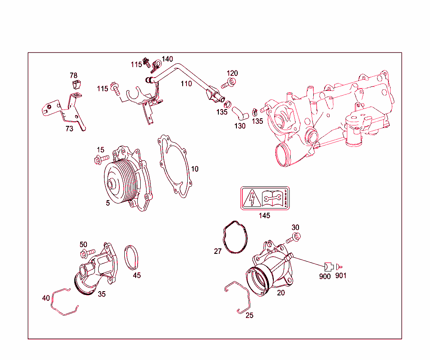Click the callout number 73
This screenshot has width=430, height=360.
click(69, 129)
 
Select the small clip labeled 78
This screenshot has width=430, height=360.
click(76, 85)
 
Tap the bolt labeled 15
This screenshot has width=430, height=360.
click(101, 159)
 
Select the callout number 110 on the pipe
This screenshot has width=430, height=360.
click(186, 84)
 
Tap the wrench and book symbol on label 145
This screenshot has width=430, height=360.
click(272, 198)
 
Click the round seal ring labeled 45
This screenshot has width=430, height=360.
click(132, 258)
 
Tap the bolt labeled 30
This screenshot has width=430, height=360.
click(293, 238)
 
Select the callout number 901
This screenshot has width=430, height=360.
click(341, 276)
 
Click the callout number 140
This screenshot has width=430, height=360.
click(167, 59)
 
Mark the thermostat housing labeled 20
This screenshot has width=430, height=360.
click(271, 271)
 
